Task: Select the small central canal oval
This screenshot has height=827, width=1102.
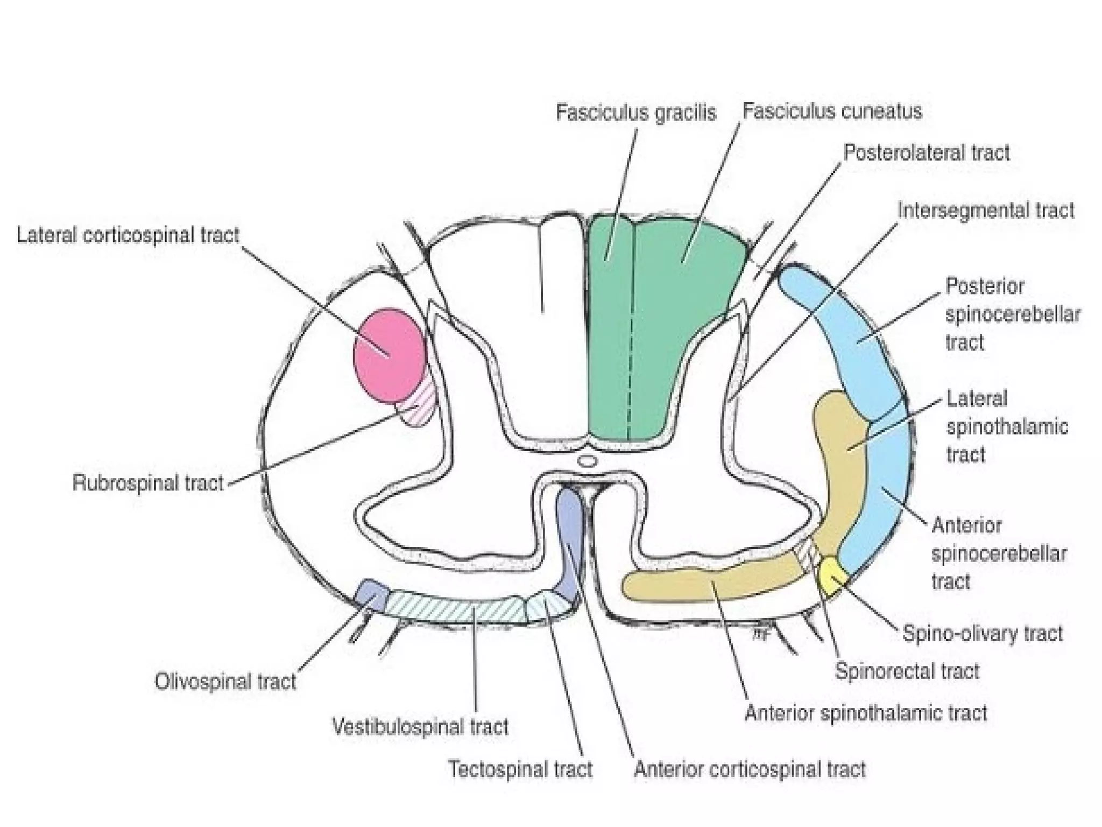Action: click(588, 461)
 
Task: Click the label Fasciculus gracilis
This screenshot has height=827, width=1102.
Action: click(635, 113)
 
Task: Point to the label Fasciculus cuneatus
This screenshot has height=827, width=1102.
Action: click(832, 111)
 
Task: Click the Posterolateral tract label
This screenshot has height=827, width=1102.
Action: click(926, 153)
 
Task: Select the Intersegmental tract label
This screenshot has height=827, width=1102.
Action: click(985, 211)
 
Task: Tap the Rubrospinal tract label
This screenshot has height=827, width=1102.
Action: click(148, 483)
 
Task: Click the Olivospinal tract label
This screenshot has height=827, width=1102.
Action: click(225, 682)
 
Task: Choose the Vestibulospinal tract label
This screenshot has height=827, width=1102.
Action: click(420, 727)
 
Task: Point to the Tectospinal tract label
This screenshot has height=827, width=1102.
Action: click(520, 769)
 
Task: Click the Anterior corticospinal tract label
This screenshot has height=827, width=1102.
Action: click(750, 769)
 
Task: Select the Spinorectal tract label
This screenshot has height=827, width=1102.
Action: click(907, 671)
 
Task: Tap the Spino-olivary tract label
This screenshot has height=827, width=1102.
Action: click(982, 634)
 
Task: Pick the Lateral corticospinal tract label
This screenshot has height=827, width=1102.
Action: click(128, 236)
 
